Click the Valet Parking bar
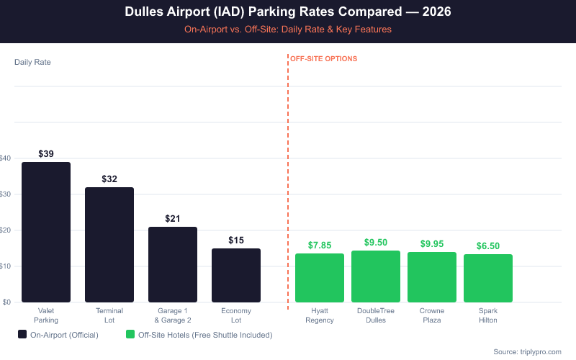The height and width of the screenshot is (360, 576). [x=46, y=232]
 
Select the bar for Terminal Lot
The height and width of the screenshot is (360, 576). [x=109, y=245]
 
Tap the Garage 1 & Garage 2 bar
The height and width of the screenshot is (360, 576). [x=173, y=264]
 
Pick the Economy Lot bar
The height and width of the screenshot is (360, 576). [x=236, y=275]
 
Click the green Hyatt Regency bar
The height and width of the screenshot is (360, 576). [x=320, y=278]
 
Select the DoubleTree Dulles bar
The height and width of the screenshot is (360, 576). [x=376, y=276]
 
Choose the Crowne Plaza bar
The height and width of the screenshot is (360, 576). [x=432, y=277]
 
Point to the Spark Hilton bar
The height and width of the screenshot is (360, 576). [x=488, y=278]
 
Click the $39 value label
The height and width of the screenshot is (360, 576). [x=46, y=154]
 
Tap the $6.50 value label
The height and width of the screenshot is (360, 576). [x=488, y=246]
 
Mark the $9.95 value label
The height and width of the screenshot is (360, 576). [x=432, y=244]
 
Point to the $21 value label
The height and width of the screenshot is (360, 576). [x=173, y=219]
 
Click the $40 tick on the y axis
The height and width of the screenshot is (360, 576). [x=6, y=158]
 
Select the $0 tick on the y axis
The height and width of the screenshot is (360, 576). [x=6, y=302]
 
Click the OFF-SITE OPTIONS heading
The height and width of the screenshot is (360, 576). [x=323, y=59]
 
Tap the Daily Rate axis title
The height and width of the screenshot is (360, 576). [x=32, y=62]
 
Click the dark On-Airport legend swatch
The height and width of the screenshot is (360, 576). [x=22, y=335]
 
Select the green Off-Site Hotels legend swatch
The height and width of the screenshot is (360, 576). [x=130, y=335]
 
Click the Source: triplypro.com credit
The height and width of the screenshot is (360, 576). [x=527, y=351]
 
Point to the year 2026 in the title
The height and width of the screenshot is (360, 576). [x=436, y=13]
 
